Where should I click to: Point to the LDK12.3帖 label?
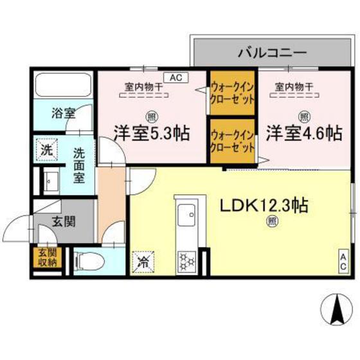pyautogui.click(x=264, y=206)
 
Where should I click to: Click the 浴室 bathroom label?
pyautogui.click(x=63, y=114)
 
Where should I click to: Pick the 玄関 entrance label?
pyautogui.click(x=64, y=222)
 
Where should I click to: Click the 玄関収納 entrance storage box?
pyautogui.click(x=46, y=258)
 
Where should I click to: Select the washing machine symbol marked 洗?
pyautogui.click(x=46, y=151)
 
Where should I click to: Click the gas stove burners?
pyautogui.click(x=187, y=260)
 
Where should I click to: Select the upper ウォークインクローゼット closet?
pyautogui.click(x=232, y=93)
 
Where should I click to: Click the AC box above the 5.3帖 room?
pyautogui.click(x=176, y=77)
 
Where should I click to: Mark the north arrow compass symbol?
pyautogui.click(x=336, y=311)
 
